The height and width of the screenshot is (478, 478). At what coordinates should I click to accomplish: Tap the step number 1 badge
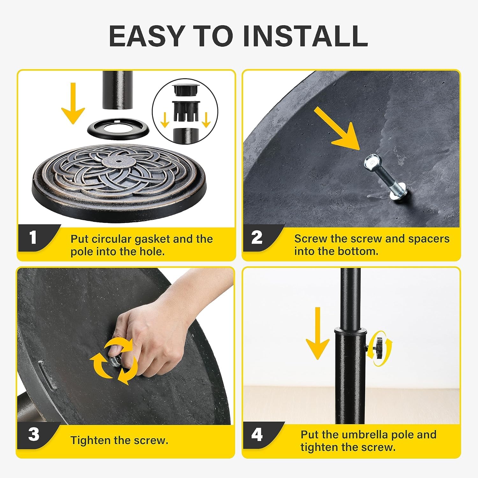(33, 238)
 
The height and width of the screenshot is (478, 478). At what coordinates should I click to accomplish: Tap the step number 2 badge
(257, 238)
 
